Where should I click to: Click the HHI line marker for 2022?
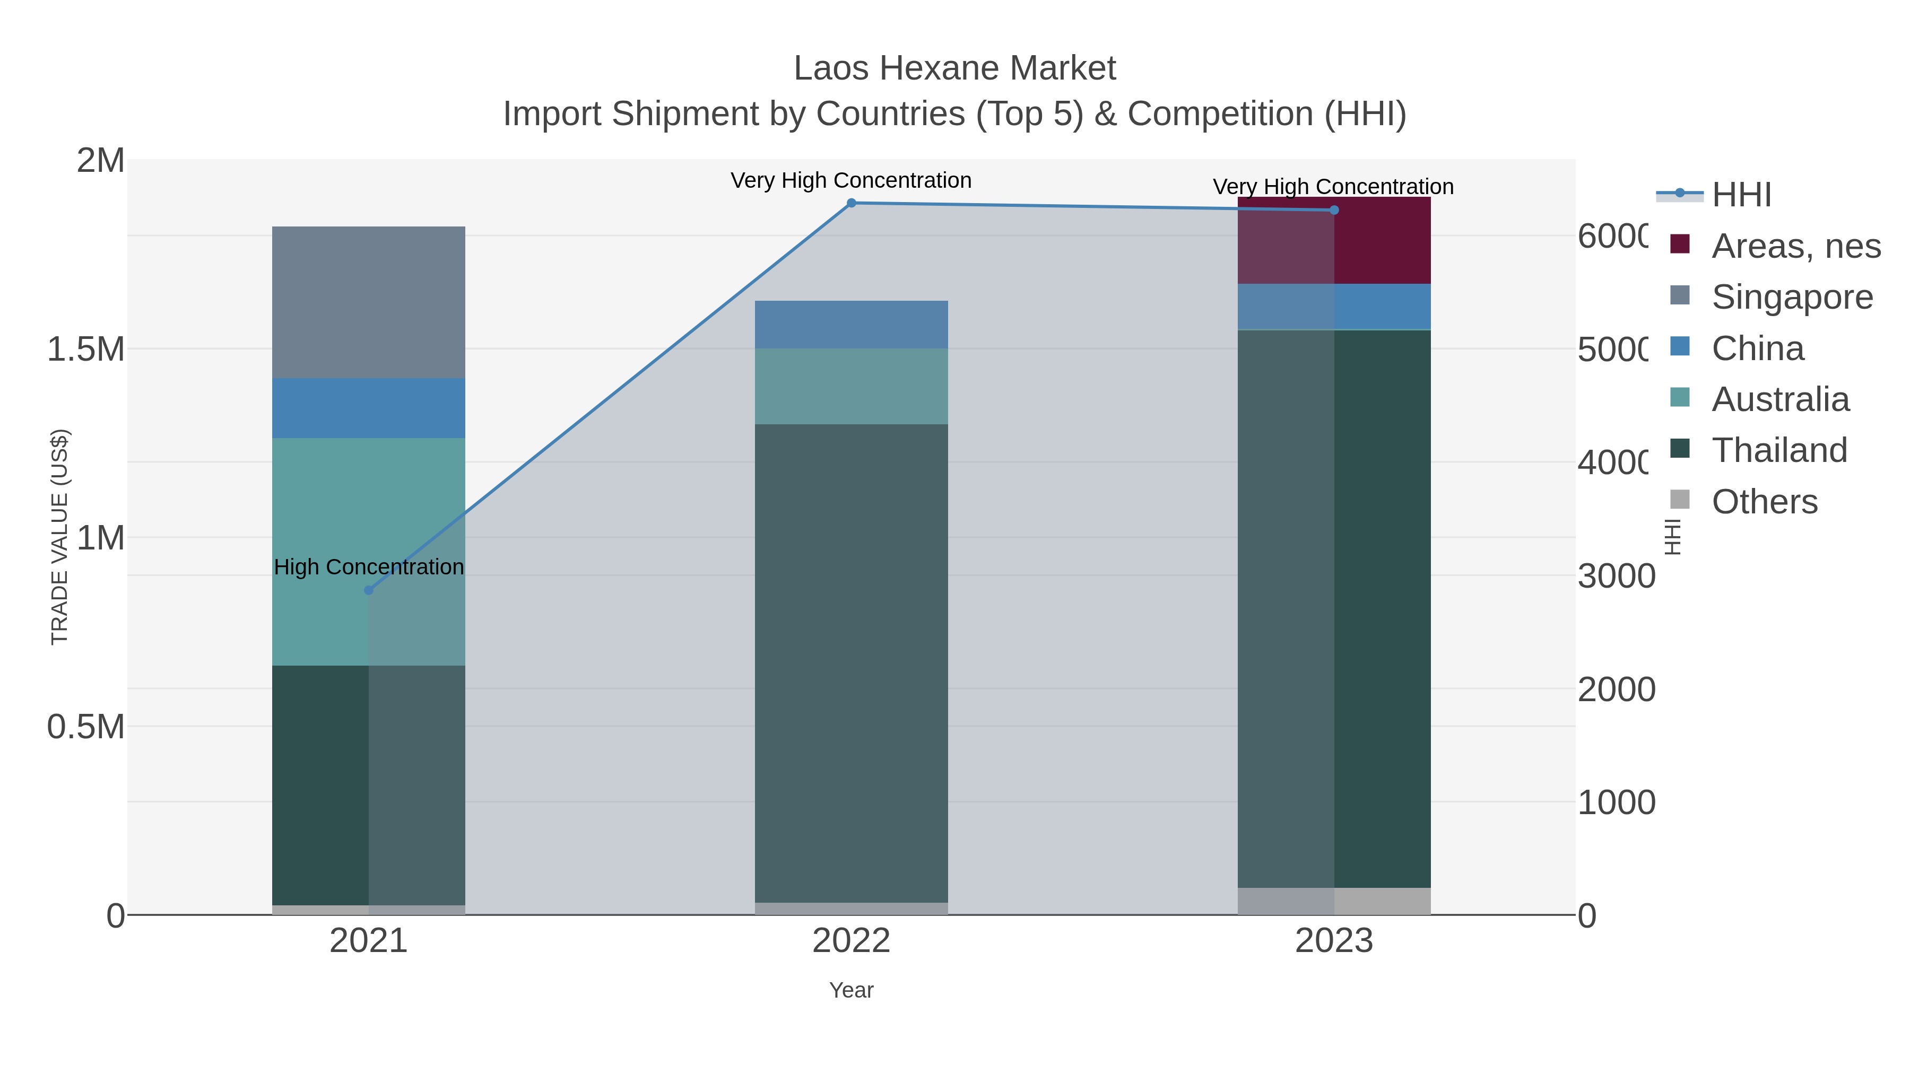tap(851, 203)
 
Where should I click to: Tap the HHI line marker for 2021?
tap(369, 590)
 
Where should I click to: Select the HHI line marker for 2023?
tap(1334, 211)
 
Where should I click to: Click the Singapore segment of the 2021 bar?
tap(369, 302)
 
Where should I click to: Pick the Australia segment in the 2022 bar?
tap(851, 386)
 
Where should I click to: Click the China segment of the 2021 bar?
tap(369, 408)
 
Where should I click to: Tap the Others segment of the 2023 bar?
tap(1334, 901)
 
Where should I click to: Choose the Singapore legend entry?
tap(1791, 297)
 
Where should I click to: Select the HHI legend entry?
tap(1741, 195)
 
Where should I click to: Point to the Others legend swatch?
tap(1679, 500)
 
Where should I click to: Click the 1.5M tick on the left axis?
tap(86, 349)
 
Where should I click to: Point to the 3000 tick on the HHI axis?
tap(1616, 576)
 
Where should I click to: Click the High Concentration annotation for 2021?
tap(369, 567)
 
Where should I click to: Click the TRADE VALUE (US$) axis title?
tap(59, 537)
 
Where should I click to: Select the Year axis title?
tap(851, 990)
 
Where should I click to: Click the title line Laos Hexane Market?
tap(954, 68)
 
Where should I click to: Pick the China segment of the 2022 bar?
tap(851, 325)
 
